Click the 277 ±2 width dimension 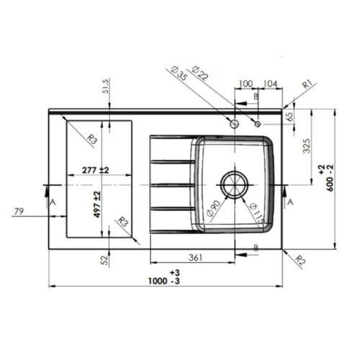[x=95, y=170]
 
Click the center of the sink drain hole [x=235, y=184]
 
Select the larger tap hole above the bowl [x=233, y=125]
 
